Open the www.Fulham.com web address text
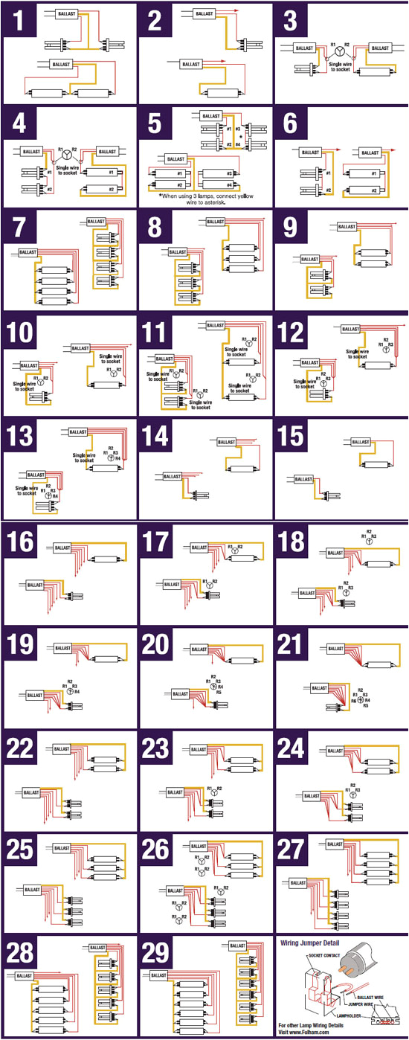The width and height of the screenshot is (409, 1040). pyautogui.click(x=310, y=1033)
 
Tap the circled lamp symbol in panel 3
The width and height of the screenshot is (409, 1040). pyautogui.click(x=340, y=53)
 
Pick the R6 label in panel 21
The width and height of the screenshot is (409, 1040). pyautogui.click(x=353, y=699)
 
